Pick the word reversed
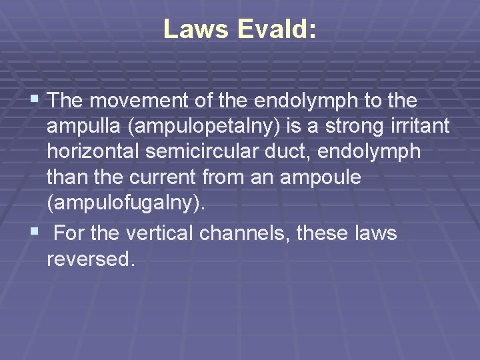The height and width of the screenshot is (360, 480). (91, 259)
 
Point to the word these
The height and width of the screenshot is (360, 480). (323, 233)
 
